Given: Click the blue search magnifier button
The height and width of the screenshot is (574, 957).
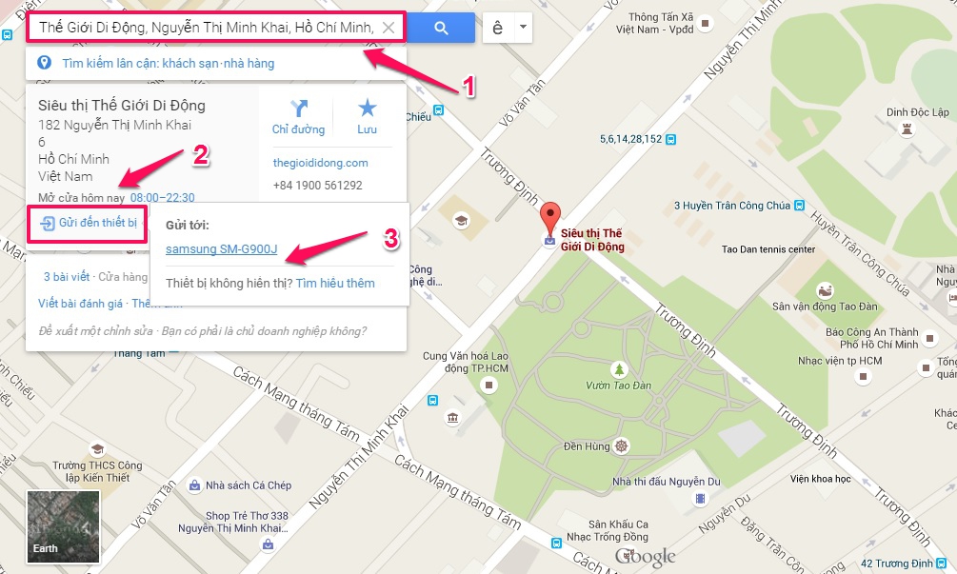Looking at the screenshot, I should point(441,29).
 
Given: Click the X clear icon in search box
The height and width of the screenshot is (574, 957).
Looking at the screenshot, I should point(389,29).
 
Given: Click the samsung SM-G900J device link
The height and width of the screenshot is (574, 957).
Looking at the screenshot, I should point(221,250).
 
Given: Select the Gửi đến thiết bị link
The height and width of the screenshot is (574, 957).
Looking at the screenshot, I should point(88,224).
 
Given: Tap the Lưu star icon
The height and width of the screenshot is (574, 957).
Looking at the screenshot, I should point(367,109).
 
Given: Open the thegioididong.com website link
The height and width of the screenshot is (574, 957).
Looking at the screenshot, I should point(320,163).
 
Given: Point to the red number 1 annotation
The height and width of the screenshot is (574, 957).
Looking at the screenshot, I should point(469,88).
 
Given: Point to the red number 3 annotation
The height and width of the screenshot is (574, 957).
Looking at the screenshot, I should point(390,238).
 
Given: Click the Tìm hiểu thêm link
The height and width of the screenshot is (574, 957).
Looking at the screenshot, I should point(335,283).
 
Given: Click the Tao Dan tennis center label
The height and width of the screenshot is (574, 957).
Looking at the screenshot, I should point(768,249).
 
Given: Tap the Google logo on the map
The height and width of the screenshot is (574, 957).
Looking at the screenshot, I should point(645,557).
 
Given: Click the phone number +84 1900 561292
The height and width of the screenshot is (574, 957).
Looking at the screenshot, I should point(317,186).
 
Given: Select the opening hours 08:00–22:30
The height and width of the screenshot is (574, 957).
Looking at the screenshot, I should point(162,198).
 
